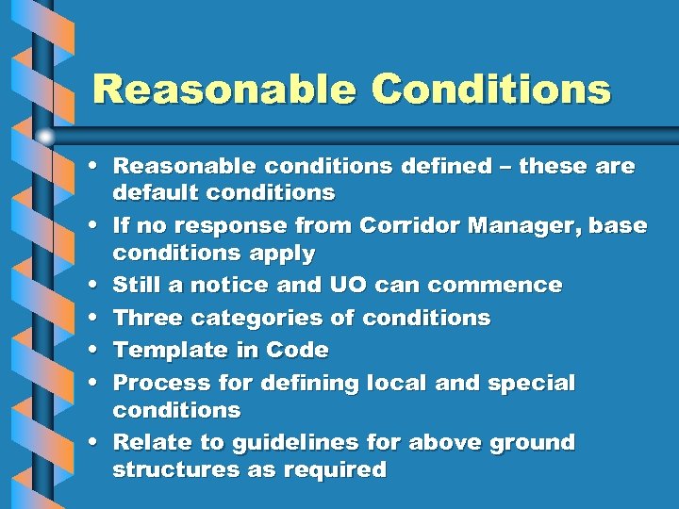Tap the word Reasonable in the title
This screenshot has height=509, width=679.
click(x=224, y=90)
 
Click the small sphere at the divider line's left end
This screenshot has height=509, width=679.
click(x=45, y=137)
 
